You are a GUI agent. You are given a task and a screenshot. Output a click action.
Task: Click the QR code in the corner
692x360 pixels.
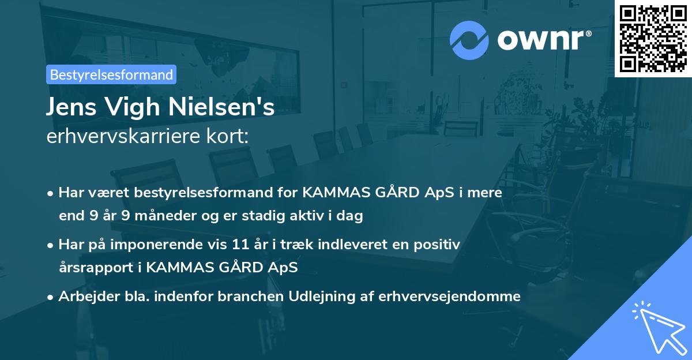(x=653, y=38)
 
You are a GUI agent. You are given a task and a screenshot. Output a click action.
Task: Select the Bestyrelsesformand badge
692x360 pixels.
(x=111, y=74)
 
